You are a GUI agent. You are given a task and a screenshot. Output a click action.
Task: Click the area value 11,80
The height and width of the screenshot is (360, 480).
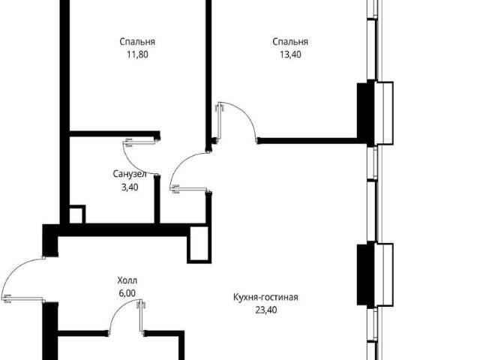click(137, 55)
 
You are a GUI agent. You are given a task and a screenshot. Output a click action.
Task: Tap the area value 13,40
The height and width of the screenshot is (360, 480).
click(290, 55)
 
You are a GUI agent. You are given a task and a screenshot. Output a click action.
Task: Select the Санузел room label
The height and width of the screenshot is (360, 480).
click(130, 174)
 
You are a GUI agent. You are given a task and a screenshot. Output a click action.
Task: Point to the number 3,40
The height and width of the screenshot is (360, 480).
click(130, 187)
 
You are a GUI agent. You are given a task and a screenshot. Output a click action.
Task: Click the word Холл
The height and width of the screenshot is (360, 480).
click(127, 280)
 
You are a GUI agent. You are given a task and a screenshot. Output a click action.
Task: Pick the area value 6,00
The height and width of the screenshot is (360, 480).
click(127, 293)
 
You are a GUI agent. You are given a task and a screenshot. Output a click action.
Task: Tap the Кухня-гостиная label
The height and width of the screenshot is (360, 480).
click(265, 297)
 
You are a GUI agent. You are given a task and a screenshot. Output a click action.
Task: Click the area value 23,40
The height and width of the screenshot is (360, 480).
click(266, 310)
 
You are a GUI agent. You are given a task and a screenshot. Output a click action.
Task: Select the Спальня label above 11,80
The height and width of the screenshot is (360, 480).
click(137, 42)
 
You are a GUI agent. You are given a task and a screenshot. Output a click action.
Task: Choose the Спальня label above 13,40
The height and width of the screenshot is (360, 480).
click(290, 42)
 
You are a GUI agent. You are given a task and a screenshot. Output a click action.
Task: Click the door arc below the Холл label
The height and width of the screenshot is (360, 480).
click(118, 308)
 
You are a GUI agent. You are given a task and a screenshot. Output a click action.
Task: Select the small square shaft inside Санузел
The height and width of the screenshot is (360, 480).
click(77, 214)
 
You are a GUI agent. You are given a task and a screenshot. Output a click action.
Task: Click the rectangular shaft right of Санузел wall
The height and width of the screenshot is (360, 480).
click(199, 244)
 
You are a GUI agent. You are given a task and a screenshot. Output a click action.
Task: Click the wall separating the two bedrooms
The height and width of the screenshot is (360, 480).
click(208, 73)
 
